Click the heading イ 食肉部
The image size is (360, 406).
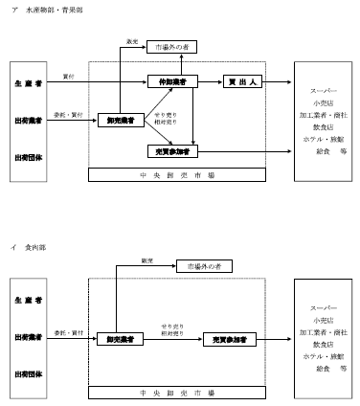(x=29, y=246)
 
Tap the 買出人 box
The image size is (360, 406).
(x=242, y=82)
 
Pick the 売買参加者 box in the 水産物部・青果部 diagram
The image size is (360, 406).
(x=173, y=151)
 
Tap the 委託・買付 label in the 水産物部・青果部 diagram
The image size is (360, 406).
(x=68, y=114)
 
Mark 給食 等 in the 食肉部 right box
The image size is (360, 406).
(x=324, y=369)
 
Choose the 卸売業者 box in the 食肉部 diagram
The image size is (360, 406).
(x=120, y=339)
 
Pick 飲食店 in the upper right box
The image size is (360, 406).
(x=324, y=124)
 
